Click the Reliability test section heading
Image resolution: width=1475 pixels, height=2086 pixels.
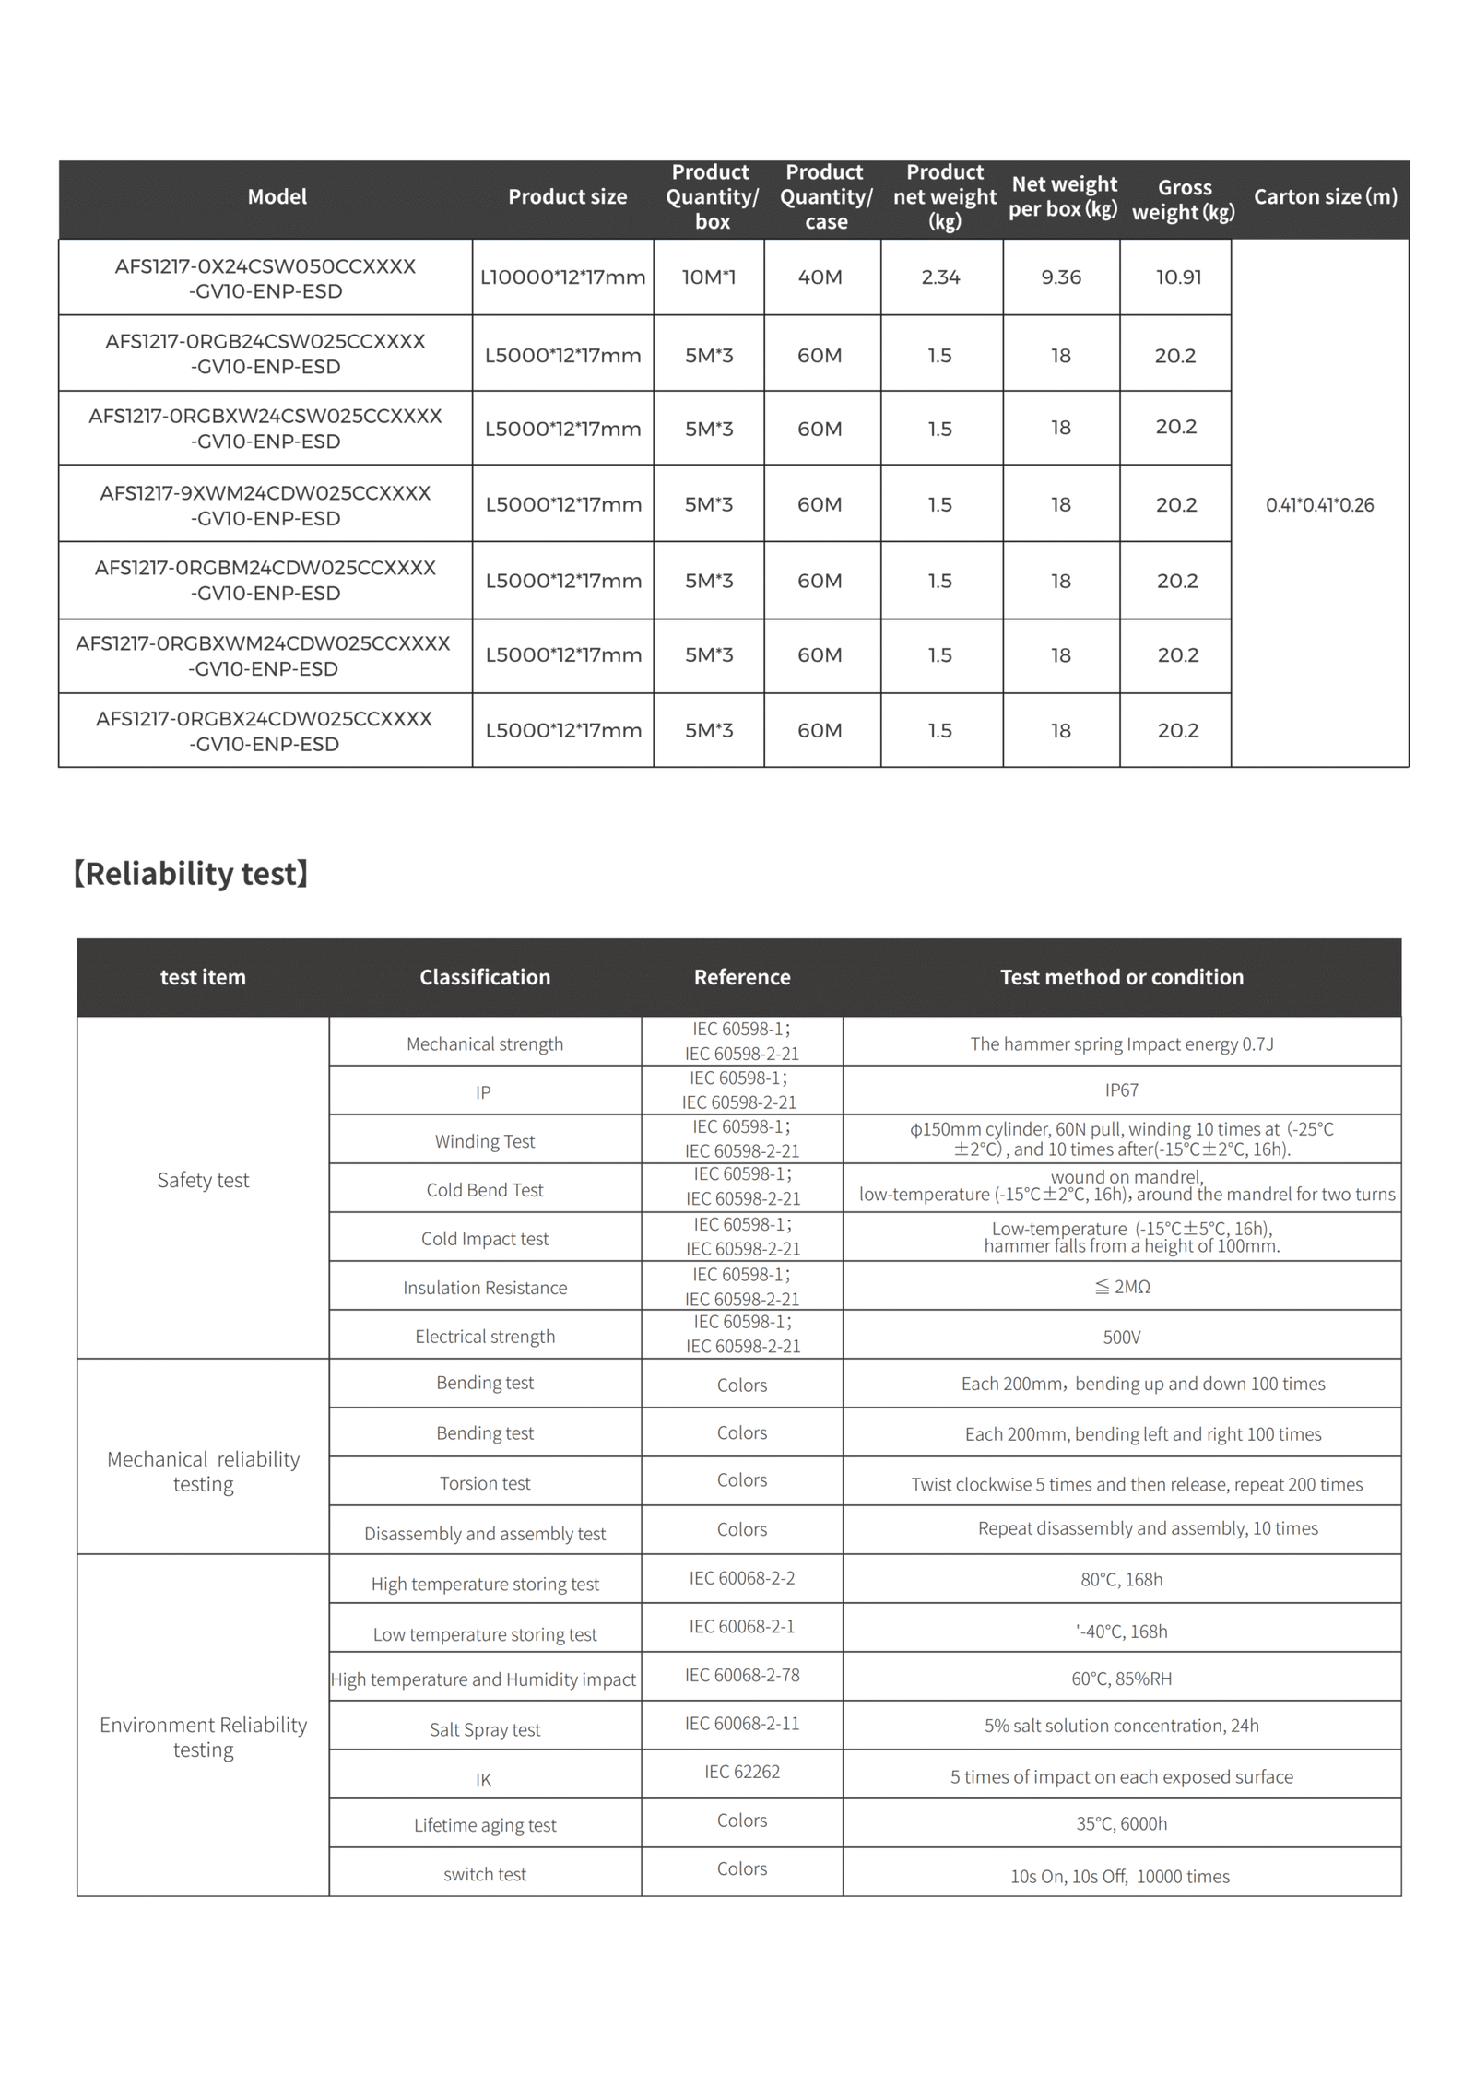pyautogui.click(x=190, y=873)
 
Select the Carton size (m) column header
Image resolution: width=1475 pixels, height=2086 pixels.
pyautogui.click(x=1325, y=196)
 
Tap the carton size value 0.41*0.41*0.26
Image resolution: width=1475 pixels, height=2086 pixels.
pyautogui.click(x=1319, y=505)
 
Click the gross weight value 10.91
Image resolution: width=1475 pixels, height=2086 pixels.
pyautogui.click(x=1178, y=277)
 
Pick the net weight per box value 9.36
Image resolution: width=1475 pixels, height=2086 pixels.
pyautogui.click(x=1061, y=277)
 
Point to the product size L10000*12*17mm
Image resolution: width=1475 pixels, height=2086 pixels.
pyautogui.click(x=562, y=277)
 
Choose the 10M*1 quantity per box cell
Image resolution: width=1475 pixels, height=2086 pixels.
pyautogui.click(x=708, y=277)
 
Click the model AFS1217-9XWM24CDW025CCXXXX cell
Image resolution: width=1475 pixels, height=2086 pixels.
pyautogui.click(x=265, y=505)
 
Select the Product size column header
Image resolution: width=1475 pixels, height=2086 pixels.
pyautogui.click(x=567, y=196)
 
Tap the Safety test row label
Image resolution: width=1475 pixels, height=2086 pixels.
pyautogui.click(x=203, y=1180)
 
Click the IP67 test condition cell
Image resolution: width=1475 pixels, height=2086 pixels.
pyautogui.click(x=1121, y=1090)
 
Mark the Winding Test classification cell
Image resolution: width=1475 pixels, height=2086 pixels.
pyautogui.click(x=485, y=1141)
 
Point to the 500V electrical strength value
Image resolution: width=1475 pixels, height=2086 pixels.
pyautogui.click(x=1121, y=1337)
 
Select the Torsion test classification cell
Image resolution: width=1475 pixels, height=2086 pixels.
pyautogui.click(x=485, y=1483)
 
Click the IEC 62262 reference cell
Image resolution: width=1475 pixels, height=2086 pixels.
pyautogui.click(x=742, y=1772)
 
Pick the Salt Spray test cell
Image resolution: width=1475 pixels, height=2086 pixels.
pyautogui.click(x=485, y=1729)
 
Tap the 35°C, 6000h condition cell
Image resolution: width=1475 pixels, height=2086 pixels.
pyautogui.click(x=1121, y=1823)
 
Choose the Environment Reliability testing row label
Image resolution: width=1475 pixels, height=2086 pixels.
pyautogui.click(x=203, y=1737)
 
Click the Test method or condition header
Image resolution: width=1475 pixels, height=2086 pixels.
pyautogui.click(x=1121, y=977)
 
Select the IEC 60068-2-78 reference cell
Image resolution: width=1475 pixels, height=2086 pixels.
pyautogui.click(x=742, y=1675)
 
